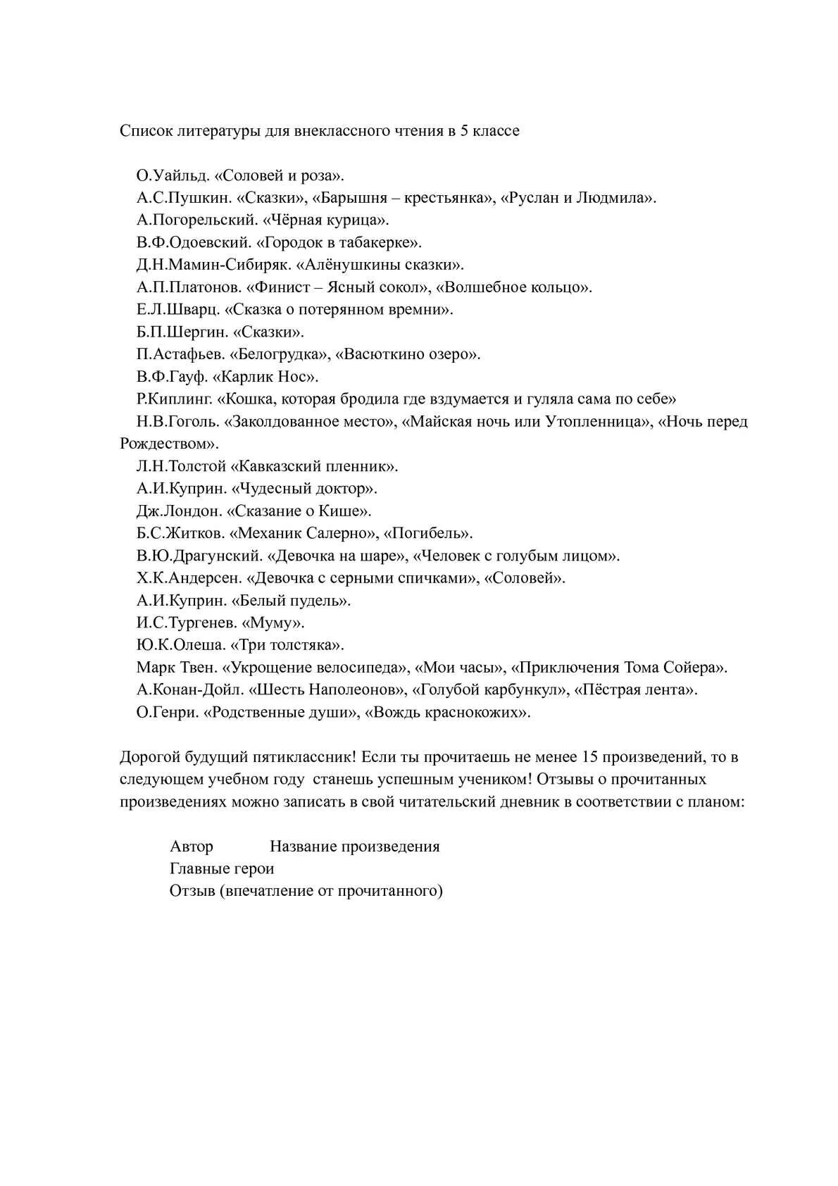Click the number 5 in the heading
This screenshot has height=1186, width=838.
coord(465,131)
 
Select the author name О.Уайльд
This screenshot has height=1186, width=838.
coord(166,175)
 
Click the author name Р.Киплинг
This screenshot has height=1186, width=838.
coord(174,399)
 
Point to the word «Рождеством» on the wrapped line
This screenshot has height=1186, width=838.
coord(168,444)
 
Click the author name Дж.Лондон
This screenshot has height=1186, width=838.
coord(170,511)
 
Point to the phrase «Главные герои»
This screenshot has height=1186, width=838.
coord(222,869)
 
